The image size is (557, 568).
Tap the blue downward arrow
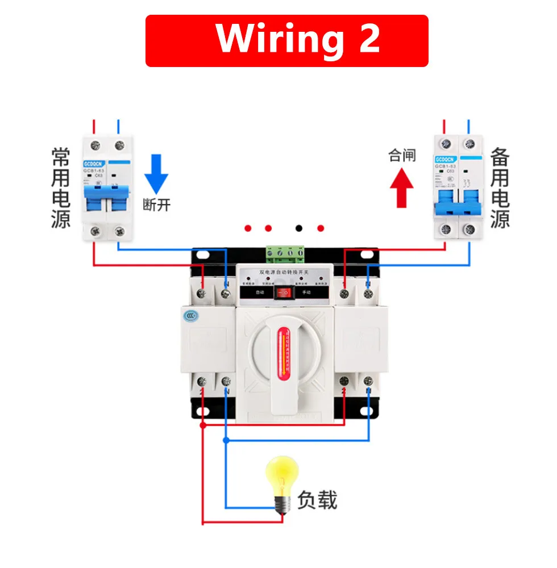(x=156, y=174)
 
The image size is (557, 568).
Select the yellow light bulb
(x=282, y=480)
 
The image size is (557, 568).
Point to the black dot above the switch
(x=299, y=228)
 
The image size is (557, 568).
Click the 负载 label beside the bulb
(x=317, y=500)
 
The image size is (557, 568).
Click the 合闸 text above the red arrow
(x=402, y=155)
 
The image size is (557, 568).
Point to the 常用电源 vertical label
(x=61, y=188)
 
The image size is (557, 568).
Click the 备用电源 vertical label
(x=500, y=188)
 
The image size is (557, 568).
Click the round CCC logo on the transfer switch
(x=190, y=316)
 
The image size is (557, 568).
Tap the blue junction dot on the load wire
(x=226, y=440)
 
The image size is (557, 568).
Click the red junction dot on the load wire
(x=203, y=424)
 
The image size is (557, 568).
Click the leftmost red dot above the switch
(x=248, y=228)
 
